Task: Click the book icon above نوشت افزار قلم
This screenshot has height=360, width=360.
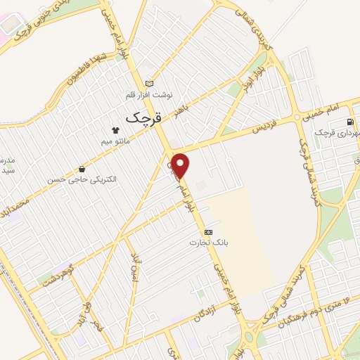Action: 148,82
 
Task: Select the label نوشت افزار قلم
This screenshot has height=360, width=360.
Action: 148,94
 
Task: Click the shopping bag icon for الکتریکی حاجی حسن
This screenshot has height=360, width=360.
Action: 83,169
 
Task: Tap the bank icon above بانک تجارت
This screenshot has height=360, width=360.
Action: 208,231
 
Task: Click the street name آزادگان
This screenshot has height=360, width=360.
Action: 221,309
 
